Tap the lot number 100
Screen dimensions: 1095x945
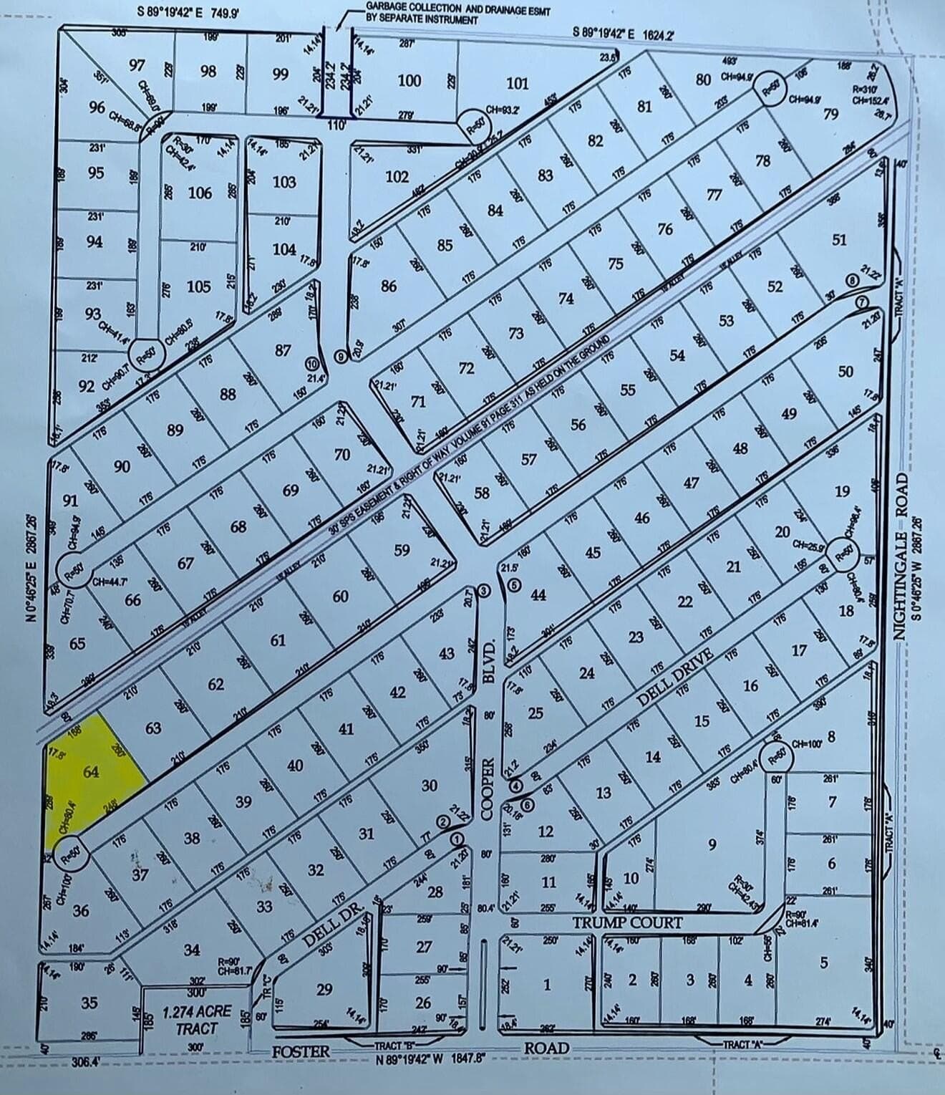(409, 80)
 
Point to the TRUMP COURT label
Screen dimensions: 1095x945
(627, 922)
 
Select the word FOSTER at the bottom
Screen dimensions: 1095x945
(301, 1051)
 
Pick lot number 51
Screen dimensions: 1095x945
(839, 239)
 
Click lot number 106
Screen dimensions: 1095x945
(200, 193)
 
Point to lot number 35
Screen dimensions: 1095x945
(89, 1002)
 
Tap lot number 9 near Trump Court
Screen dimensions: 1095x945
(712, 844)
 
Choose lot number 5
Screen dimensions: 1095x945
(823, 963)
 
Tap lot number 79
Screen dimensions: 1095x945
(830, 114)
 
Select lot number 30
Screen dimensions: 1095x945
(429, 785)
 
